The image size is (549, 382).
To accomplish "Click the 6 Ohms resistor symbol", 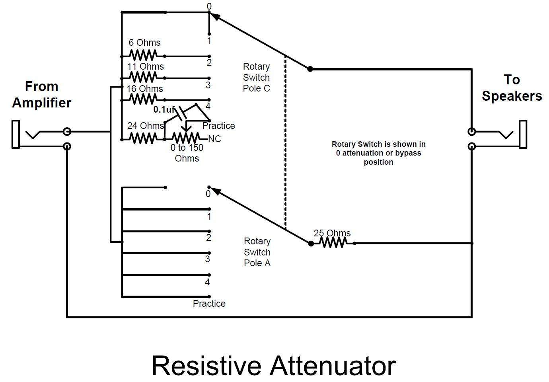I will tap(143, 55).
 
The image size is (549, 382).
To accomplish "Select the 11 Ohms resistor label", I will tap(145, 66).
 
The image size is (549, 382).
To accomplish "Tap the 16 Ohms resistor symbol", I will tap(143, 99).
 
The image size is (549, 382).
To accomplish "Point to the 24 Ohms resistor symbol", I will tap(143, 138).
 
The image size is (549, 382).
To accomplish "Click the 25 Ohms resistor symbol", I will tap(333, 242).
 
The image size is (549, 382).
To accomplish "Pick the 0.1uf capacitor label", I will tap(164, 109).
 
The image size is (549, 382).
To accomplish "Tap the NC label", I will tap(214, 139).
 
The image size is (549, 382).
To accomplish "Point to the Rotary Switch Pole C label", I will tap(257, 77).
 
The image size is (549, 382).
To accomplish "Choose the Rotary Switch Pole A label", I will tap(257, 252).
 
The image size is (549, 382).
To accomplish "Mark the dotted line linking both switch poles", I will tap(285, 143).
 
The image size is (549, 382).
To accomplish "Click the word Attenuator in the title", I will tap(334, 365).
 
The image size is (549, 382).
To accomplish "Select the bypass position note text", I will tap(378, 153).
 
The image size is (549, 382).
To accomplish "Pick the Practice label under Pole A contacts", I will tap(209, 304).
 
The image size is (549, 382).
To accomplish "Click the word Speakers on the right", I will tap(512, 96).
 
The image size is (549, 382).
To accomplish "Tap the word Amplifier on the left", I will tap(41, 103).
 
